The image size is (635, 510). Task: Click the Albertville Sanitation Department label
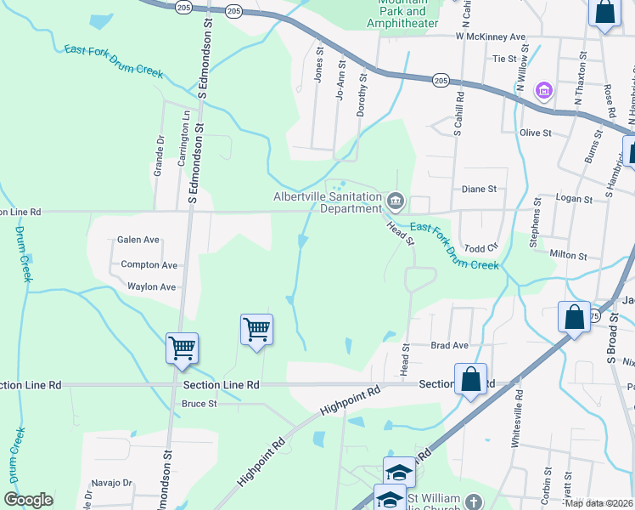click(x=328, y=202)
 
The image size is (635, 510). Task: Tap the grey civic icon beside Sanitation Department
click(x=396, y=201)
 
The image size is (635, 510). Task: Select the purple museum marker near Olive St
click(x=543, y=90)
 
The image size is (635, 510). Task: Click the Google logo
click(x=28, y=500)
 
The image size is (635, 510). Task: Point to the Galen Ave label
click(x=138, y=241)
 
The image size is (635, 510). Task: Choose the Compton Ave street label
click(x=149, y=265)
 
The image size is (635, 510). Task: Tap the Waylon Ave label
click(x=151, y=287)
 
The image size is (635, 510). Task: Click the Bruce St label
click(x=199, y=404)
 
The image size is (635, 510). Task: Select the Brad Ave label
click(x=449, y=346)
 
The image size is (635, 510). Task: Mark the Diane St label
click(x=478, y=190)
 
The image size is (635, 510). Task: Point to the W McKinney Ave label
click(x=491, y=37)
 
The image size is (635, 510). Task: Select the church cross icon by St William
click(x=473, y=501)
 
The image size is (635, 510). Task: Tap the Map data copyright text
click(x=598, y=503)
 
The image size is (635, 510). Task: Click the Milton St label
click(x=568, y=255)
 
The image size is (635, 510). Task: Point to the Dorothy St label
click(x=362, y=88)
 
